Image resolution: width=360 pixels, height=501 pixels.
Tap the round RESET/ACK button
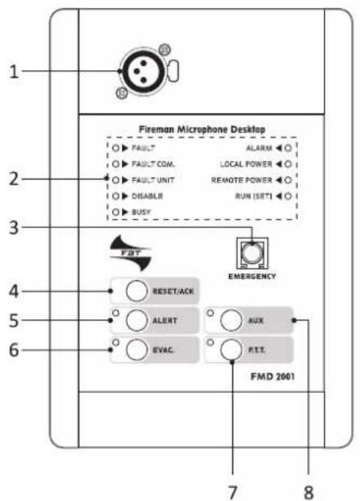137,291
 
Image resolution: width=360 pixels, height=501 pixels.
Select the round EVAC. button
137,350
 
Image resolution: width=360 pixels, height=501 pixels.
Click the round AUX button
232,320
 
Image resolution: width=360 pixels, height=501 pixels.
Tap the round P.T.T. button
232,350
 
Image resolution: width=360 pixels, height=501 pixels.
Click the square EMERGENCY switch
252,254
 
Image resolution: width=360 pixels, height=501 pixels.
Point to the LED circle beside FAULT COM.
115,165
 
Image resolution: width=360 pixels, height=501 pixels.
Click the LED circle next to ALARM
288,148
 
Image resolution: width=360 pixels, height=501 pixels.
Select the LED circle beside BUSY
115,212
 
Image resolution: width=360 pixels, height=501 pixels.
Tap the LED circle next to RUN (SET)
288,196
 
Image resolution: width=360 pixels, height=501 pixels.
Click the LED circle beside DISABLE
115,196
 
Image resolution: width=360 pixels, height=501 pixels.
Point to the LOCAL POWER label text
246,165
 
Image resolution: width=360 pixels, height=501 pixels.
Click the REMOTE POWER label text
242,180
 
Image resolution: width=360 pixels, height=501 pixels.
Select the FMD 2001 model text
272,377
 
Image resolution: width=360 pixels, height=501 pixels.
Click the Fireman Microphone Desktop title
202,129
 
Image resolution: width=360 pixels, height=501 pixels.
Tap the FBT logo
130,253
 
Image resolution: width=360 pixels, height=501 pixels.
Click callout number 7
232,492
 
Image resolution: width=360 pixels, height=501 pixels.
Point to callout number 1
14,71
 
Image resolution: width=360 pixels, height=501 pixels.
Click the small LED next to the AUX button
210,313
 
